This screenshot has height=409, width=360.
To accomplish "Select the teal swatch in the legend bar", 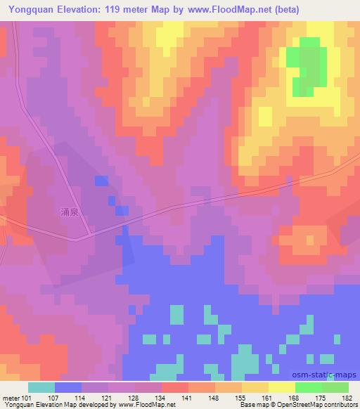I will [x=41, y=387].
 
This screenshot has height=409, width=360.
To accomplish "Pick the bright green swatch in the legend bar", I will [x=309, y=387].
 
